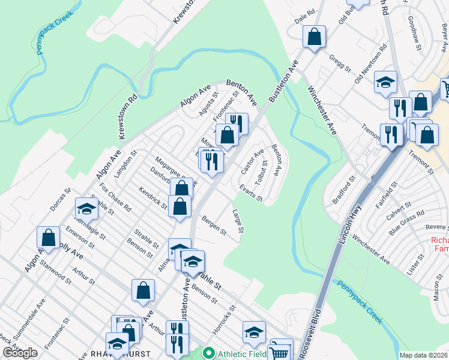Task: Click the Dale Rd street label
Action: (305, 16)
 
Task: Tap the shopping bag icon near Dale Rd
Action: (314, 37)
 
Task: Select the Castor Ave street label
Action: (252, 162)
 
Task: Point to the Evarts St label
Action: (251, 193)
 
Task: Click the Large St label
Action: (238, 221)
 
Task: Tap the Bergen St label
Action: (214, 225)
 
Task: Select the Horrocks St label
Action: (224, 320)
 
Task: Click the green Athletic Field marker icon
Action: (209, 353)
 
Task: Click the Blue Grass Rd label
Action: (406, 222)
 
